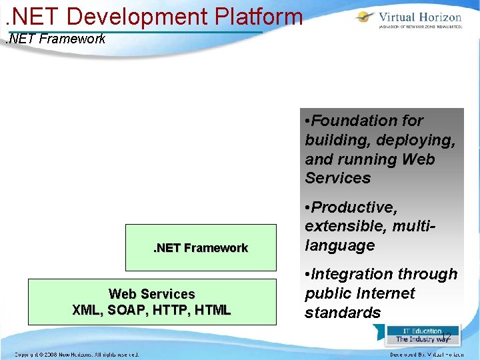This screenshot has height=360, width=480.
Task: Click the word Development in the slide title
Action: click(137, 15)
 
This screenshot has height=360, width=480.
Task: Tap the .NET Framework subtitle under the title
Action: click(55, 39)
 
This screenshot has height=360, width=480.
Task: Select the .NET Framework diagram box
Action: click(201, 247)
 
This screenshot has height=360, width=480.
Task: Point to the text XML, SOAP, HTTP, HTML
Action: click(152, 310)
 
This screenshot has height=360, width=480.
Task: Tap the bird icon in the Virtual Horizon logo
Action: click(365, 18)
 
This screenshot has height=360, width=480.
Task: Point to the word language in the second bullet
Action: click(340, 245)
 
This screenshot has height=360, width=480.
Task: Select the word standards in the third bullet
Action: click(343, 313)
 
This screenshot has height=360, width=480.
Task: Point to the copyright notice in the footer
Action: click(77, 354)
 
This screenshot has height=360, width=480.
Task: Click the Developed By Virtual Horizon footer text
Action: click(427, 354)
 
